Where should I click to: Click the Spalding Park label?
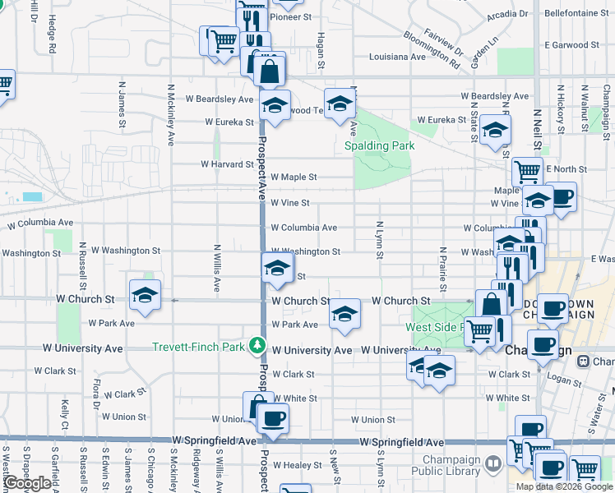(379, 145)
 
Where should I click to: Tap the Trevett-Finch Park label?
(198, 347)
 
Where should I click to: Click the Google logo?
(27, 483)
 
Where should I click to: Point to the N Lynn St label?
(379, 239)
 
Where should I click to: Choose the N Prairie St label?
(442, 270)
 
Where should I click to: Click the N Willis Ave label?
(217, 268)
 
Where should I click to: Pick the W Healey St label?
(298, 465)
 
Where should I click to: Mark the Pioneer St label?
(291, 16)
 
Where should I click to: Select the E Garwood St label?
(571, 44)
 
